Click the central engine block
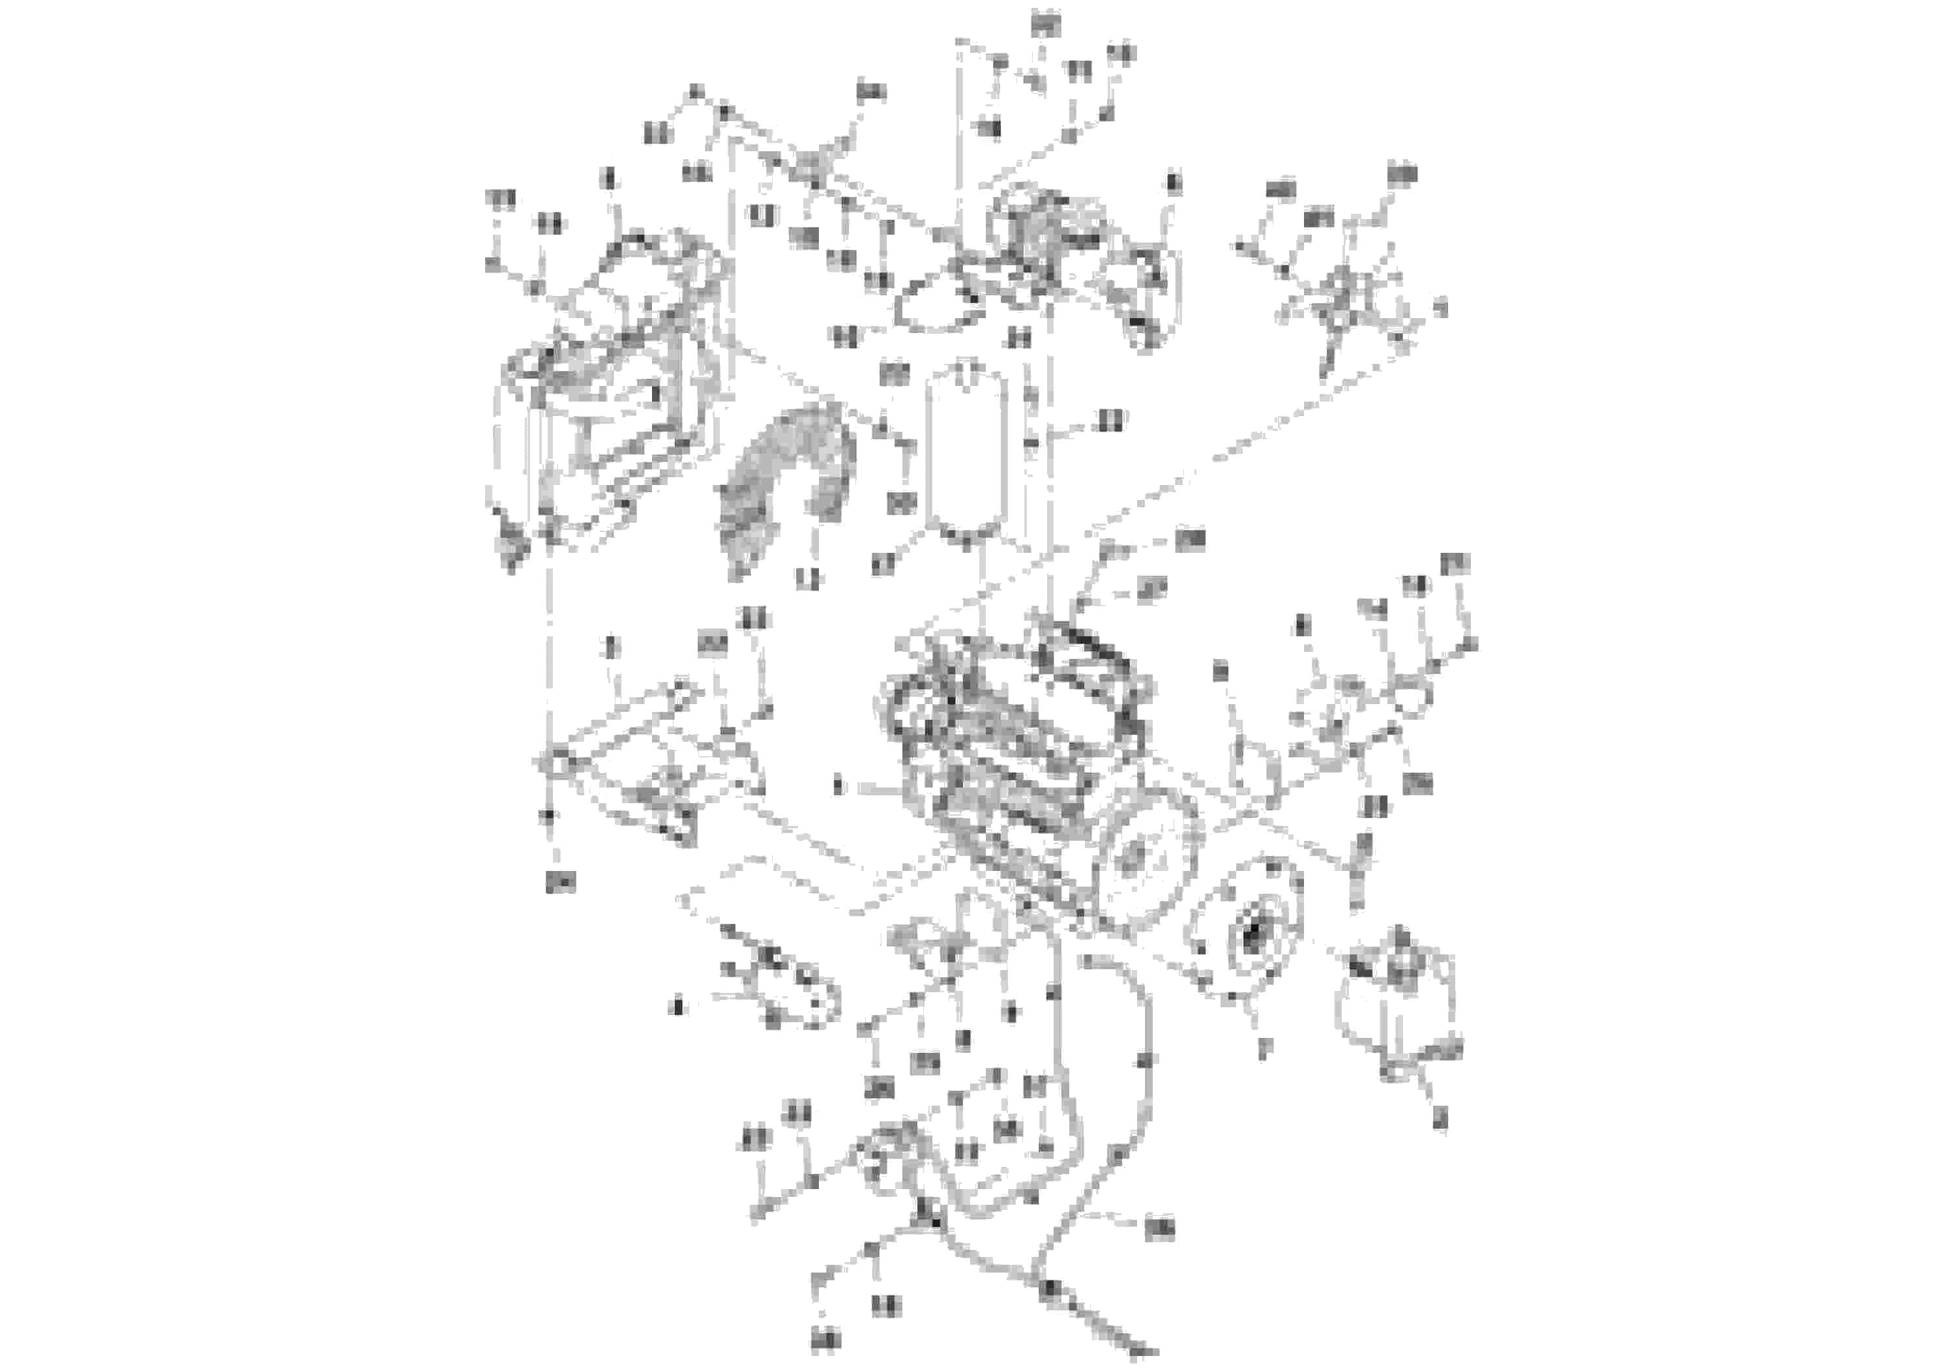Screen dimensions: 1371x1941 click(x=1015, y=761)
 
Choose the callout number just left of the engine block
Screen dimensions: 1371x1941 click(x=838, y=787)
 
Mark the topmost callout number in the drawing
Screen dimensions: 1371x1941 click(x=1046, y=25)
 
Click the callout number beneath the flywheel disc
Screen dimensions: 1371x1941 click(x=1264, y=1049)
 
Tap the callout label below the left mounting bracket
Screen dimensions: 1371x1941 click(x=559, y=883)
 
